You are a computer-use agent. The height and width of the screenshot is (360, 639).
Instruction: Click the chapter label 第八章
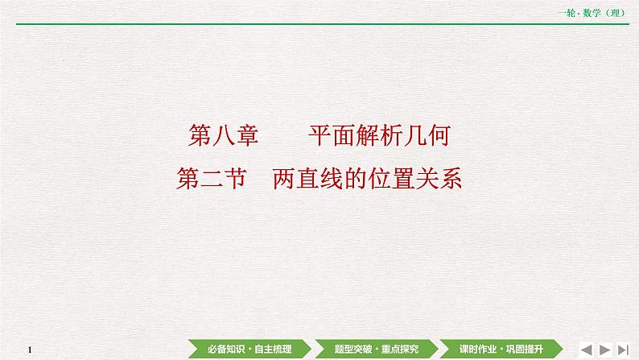point(223,136)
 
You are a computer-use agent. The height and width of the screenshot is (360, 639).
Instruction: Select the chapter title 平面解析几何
point(377,136)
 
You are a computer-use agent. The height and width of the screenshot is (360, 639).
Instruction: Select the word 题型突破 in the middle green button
point(349,349)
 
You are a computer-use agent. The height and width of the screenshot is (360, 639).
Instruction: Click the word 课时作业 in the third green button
point(478,349)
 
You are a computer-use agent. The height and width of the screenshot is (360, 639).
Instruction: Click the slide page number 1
point(29,350)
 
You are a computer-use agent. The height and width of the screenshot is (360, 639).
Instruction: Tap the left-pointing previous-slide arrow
point(586,349)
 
